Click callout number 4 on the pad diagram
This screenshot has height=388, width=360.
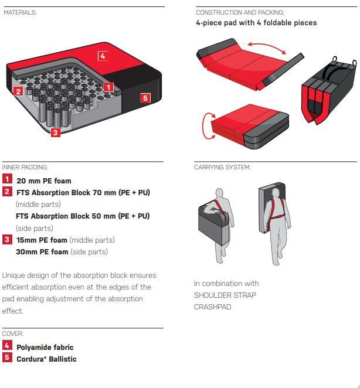(x=103, y=56)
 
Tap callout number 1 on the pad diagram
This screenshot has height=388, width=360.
(x=108, y=87)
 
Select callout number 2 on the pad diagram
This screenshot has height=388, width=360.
(x=18, y=91)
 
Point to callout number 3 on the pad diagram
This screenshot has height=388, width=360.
(x=56, y=132)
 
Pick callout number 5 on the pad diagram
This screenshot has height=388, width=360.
(x=145, y=98)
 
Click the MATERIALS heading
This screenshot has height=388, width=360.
(x=20, y=12)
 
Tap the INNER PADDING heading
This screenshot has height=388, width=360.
(x=25, y=167)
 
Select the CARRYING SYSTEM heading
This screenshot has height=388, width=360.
(x=222, y=167)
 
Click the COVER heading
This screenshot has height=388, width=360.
(x=13, y=334)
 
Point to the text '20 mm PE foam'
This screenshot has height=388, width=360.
(x=44, y=181)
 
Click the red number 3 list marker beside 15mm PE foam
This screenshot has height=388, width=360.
(x=7, y=240)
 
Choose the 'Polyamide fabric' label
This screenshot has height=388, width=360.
(x=45, y=348)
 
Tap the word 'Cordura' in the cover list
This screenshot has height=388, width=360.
(x=30, y=359)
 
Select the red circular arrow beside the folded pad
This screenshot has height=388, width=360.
(x=207, y=126)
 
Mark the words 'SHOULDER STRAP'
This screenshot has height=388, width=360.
(x=225, y=295)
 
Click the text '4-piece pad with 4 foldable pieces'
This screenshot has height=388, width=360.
(x=256, y=23)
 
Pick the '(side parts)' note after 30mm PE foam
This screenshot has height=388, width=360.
(x=89, y=252)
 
